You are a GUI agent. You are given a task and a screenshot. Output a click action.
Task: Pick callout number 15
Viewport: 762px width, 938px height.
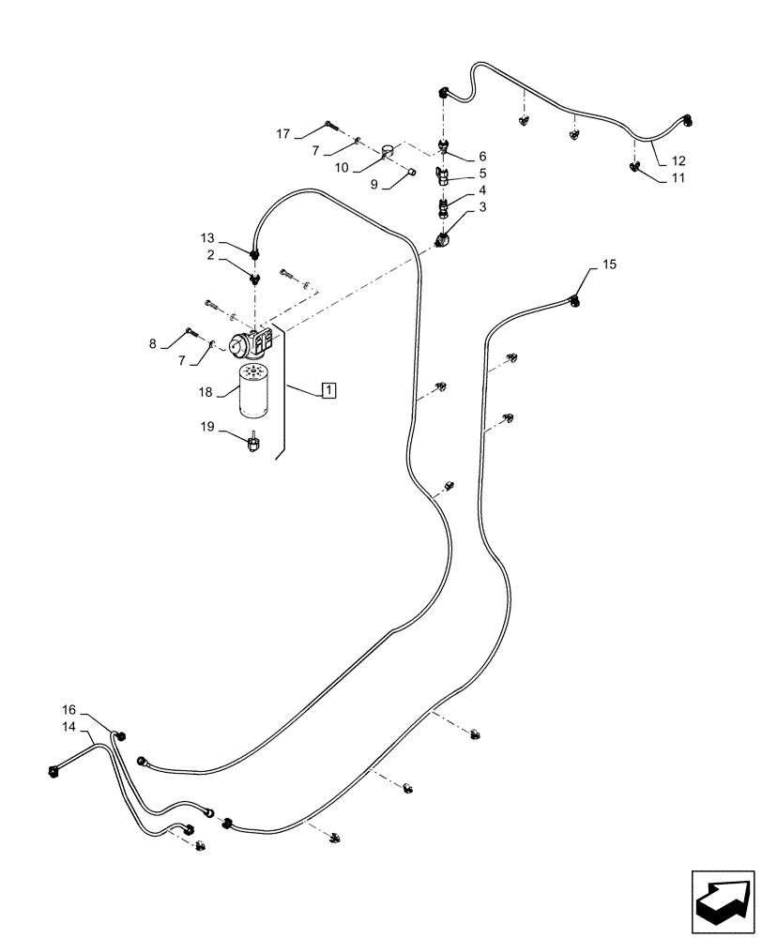tap(609, 266)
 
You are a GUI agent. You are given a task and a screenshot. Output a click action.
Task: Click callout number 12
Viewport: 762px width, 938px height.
tap(678, 160)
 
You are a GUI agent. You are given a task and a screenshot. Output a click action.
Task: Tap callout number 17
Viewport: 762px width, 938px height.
tap(283, 134)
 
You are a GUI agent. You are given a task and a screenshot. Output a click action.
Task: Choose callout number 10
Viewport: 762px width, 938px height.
tap(342, 167)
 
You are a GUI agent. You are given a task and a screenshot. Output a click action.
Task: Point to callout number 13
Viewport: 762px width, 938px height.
tap(207, 238)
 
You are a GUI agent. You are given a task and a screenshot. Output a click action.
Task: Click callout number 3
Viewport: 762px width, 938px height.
tap(481, 206)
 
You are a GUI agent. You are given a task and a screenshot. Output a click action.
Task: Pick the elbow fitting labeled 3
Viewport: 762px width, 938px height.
tap(442, 241)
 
